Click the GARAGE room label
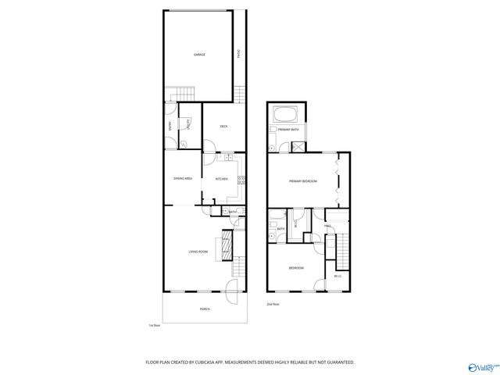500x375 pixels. [199, 55]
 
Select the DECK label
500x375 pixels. [223, 126]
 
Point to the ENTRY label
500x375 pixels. [170, 126]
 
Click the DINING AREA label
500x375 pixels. [183, 179]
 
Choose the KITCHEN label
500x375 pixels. [221, 179]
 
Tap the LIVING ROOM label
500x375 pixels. [198, 252]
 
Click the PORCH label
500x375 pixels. [205, 309]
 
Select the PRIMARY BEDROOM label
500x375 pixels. [302, 181]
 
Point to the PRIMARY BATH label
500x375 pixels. [288, 130]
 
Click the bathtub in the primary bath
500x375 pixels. [287, 113]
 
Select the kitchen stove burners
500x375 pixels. [241, 180]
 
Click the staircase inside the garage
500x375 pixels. [182, 93]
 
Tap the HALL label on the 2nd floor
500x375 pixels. [328, 227]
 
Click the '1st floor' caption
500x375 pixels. [154, 325]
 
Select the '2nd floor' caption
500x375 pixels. [273, 304]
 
